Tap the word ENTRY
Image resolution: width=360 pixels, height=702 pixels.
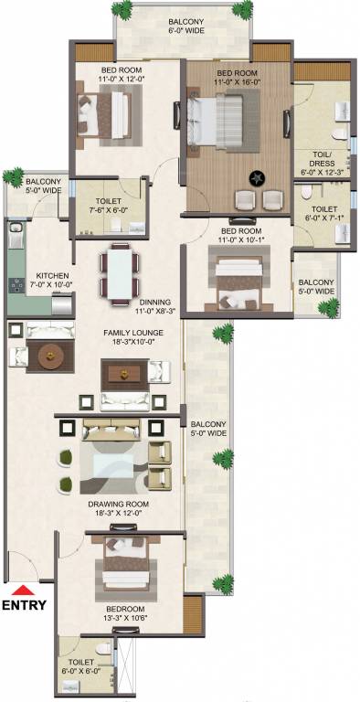click(x=24, y=605)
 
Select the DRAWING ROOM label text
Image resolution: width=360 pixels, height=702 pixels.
click(x=119, y=504)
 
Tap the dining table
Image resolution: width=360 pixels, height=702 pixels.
click(x=120, y=274)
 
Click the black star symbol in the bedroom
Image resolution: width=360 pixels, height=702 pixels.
click(x=257, y=178)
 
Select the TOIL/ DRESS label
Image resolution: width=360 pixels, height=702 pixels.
click(x=322, y=158)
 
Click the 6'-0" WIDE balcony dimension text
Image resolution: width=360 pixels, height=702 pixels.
click(x=186, y=30)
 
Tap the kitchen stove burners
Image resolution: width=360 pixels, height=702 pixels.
click(x=17, y=284)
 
